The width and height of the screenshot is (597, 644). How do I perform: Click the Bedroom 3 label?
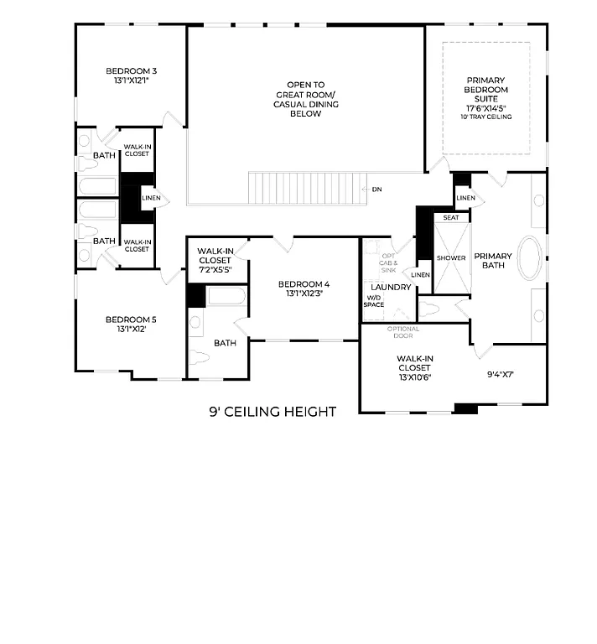(131, 71)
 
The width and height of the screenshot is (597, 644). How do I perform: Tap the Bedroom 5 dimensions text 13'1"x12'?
(131, 330)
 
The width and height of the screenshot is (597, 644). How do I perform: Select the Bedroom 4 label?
(304, 284)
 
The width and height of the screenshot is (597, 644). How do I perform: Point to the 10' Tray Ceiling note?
(486, 117)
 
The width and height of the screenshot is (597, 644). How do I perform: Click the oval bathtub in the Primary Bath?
(530, 258)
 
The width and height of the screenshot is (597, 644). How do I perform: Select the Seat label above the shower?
(450, 217)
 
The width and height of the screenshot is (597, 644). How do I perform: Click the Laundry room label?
(391, 288)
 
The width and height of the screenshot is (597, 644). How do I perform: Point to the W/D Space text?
(374, 300)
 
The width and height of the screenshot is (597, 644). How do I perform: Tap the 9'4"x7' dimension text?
(501, 374)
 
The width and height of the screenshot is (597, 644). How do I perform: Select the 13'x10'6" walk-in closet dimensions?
(414, 376)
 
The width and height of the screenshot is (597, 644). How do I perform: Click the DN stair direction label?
(376, 190)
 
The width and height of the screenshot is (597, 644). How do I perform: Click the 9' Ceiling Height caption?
(273, 412)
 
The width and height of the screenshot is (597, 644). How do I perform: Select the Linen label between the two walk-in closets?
(151, 199)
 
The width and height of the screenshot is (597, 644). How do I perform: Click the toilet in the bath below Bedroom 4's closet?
(199, 357)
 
